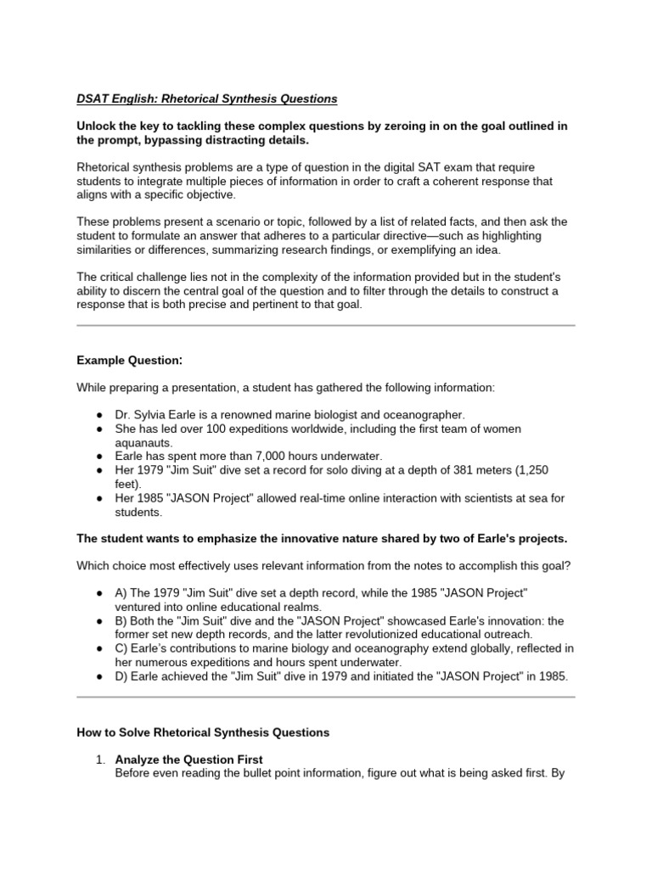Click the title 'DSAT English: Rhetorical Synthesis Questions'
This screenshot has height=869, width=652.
206,99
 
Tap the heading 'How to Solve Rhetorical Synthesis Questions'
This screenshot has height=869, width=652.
203,732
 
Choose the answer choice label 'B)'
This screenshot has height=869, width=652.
121,620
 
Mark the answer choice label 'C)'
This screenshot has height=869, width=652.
122,648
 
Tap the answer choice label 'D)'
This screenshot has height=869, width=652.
122,676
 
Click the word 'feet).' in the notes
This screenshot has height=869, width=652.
130,483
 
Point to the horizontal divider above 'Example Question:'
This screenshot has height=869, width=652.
326,325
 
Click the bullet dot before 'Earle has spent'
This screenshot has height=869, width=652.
99,456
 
